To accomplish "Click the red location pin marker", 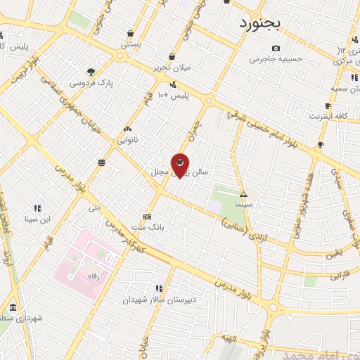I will pos(180,165).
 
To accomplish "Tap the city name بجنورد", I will pos(259,24).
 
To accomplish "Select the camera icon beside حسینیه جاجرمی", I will pos(276,48).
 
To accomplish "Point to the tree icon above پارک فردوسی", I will pos(91,71).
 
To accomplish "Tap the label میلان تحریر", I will pos(172,68).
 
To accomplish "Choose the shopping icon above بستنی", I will pos(131,33).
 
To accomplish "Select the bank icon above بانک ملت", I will pos(147,217).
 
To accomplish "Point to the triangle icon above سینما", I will pos(244,194).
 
